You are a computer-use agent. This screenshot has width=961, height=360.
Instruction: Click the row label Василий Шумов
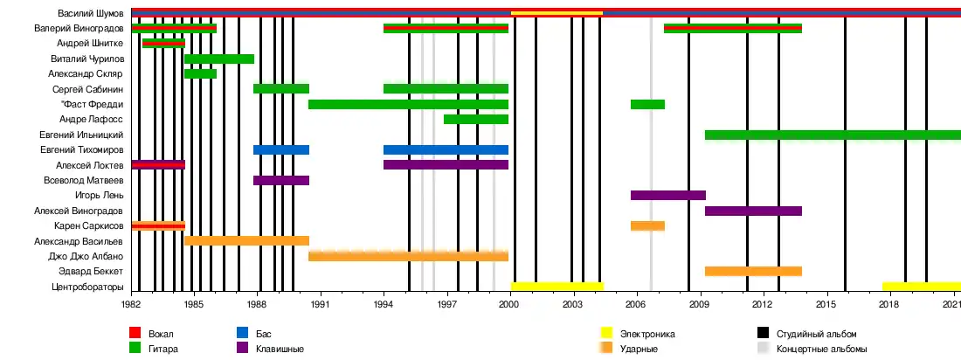pyautogui.click(x=91, y=13)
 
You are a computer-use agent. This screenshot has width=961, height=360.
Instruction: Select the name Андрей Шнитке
pyautogui.click(x=95, y=44)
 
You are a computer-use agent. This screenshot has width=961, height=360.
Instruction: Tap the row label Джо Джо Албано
pyautogui.click(x=86, y=256)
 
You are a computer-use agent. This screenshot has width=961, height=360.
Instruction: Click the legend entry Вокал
pyautogui.click(x=161, y=334)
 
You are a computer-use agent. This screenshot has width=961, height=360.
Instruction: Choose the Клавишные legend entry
pyautogui.click(x=280, y=349)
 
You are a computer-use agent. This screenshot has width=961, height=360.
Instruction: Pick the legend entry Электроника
pyautogui.click(x=647, y=334)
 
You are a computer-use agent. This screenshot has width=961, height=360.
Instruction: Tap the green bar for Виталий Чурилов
pyautogui.click(x=218, y=59)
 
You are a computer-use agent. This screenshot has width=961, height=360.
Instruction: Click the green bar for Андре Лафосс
pyautogui.click(x=475, y=120)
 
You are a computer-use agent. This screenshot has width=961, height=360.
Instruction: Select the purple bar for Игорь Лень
pyautogui.click(x=667, y=196)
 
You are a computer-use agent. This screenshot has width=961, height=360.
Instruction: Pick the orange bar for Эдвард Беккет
pyautogui.click(x=753, y=271)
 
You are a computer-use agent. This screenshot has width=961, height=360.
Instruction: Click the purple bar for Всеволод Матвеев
pyautogui.click(x=280, y=180)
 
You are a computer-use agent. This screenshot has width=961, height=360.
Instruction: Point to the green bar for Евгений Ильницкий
pyautogui.click(x=832, y=135)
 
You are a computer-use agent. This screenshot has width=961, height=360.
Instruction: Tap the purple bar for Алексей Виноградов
pyautogui.click(x=753, y=211)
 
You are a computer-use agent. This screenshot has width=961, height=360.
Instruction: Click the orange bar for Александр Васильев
pyautogui.click(x=246, y=240)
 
